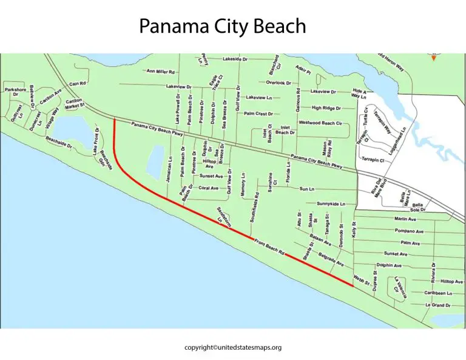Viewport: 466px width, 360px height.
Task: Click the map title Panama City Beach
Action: pyautogui.click(x=221, y=26)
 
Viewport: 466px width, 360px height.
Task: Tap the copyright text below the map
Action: pyautogui.click(x=232, y=347)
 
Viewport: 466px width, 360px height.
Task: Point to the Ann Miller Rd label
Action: pyautogui.click(x=161, y=71)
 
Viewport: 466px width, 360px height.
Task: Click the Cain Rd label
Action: pyautogui.click(x=78, y=83)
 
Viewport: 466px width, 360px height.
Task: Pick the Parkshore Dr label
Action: pyautogui.click(x=16, y=92)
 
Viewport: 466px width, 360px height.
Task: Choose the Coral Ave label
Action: pyautogui.click(x=209, y=188)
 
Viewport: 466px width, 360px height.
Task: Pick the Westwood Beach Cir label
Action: pyautogui.click(x=321, y=123)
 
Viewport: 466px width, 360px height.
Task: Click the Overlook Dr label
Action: pyautogui.click(x=279, y=83)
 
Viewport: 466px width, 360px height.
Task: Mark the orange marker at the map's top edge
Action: pyautogui.click(x=433, y=57)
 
